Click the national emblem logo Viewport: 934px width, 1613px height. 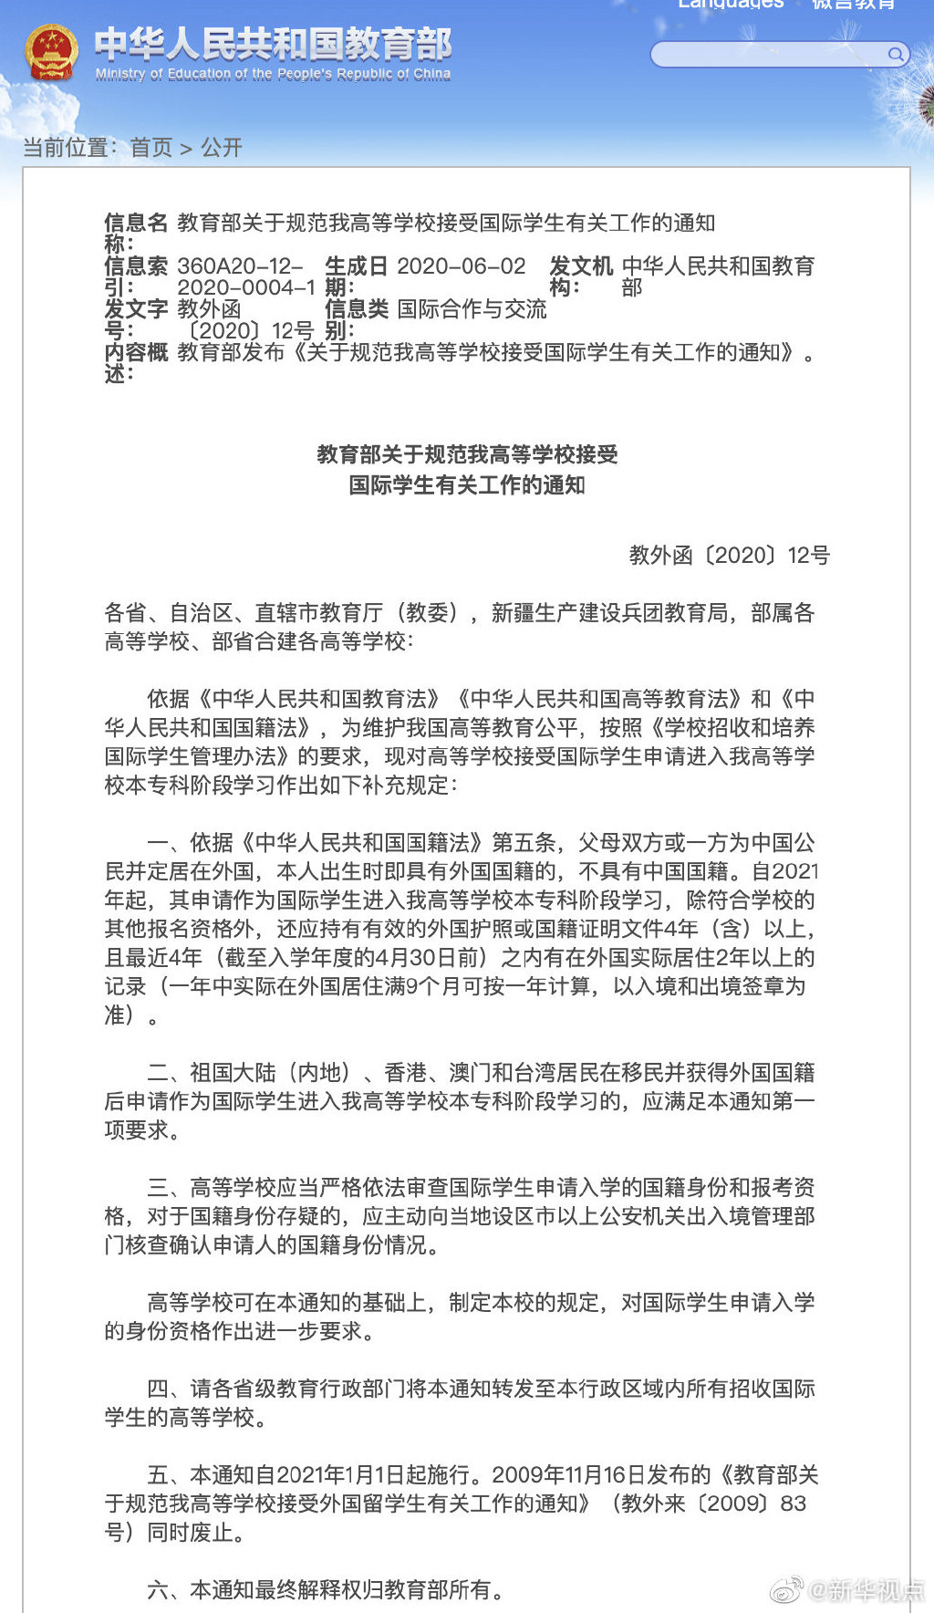[x=51, y=54]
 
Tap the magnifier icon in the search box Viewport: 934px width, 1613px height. [x=896, y=55]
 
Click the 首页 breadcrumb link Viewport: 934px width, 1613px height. [x=150, y=148]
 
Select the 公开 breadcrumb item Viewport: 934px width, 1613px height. [x=222, y=148]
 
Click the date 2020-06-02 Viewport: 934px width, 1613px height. [x=462, y=266]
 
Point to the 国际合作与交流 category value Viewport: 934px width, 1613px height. [x=472, y=309]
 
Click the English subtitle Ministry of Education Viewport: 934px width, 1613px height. [x=273, y=74]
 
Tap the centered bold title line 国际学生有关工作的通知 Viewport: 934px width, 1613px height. [x=467, y=484]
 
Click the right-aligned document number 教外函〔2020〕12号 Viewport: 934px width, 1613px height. [x=729, y=556]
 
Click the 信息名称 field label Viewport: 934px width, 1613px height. [x=135, y=233]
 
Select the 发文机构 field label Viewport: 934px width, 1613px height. [x=579, y=276]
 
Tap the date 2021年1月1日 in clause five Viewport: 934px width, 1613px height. [x=339, y=1475]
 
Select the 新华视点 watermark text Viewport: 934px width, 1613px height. [x=866, y=1590]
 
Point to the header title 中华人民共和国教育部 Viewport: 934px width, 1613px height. [x=273, y=44]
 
